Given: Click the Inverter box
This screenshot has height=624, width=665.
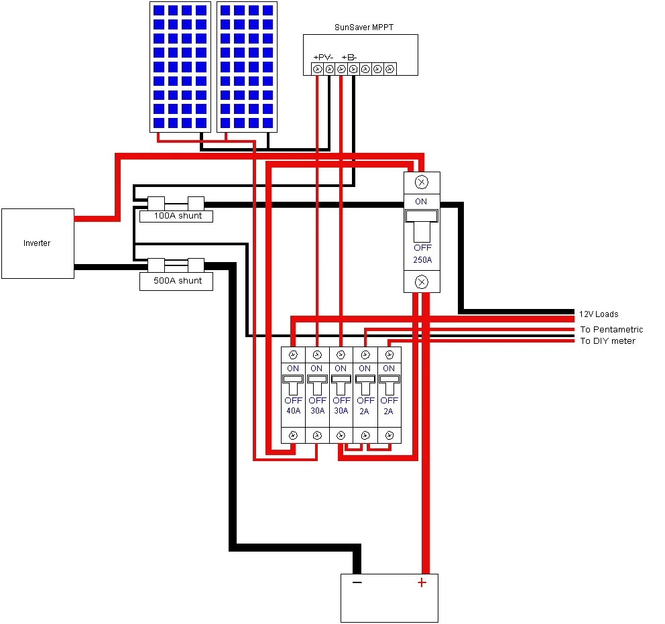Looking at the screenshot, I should click(x=38, y=243).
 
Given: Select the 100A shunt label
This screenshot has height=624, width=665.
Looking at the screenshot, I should click(x=176, y=216).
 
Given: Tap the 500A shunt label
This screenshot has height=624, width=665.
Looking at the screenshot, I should click(x=176, y=281).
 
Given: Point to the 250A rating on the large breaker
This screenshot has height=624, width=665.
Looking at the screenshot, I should click(x=422, y=259).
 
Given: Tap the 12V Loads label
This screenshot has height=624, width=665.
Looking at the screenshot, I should click(x=599, y=314).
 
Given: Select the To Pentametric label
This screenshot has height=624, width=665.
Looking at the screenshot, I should click(x=611, y=329).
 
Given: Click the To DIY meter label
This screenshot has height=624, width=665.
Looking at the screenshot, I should click(x=607, y=341).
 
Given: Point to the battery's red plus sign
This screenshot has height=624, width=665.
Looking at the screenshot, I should click(x=422, y=582).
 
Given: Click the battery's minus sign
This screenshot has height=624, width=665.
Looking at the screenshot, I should click(x=357, y=582).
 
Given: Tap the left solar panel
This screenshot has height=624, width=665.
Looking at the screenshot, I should click(x=180, y=66).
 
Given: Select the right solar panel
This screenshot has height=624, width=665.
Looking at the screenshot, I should click(x=247, y=66).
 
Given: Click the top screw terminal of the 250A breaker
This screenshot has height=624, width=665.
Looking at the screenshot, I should click(x=422, y=182).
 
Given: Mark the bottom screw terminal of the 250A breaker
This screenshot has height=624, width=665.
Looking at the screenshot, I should click(x=422, y=282).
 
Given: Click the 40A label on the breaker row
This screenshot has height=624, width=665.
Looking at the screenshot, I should click(x=293, y=410).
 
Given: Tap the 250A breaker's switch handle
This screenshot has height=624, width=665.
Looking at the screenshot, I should click(x=422, y=225).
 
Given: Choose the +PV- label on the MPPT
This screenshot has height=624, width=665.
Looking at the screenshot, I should click(x=324, y=57).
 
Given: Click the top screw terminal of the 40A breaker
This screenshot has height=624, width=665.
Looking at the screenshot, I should click(x=293, y=355).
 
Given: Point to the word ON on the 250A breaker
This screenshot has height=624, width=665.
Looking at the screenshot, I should click(x=421, y=201).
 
